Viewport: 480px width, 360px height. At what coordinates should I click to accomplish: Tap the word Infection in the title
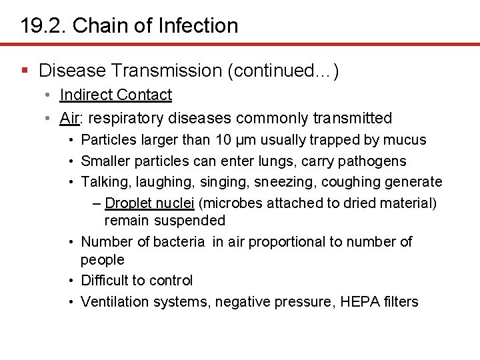(199, 26)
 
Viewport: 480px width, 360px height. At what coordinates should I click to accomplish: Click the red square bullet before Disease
(25, 70)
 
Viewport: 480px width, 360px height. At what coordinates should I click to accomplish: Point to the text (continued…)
(283, 70)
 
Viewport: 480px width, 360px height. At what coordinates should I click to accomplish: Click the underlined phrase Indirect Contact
(115, 95)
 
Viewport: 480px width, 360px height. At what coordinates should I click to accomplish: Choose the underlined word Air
(69, 118)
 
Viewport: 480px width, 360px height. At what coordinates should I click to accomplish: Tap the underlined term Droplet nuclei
(149, 203)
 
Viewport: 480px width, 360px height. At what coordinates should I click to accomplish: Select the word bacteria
(179, 241)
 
